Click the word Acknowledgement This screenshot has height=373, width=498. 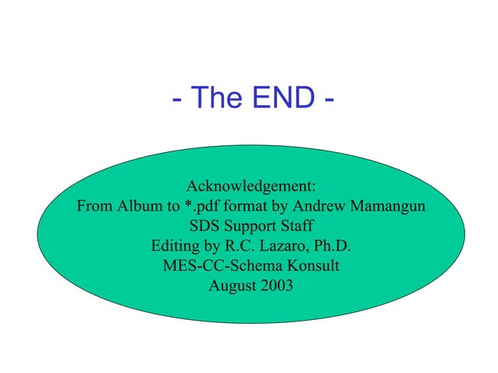click(x=251, y=187)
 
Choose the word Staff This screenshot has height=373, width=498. click(x=297, y=227)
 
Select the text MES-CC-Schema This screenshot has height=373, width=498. click(x=219, y=266)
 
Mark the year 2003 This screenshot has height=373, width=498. click(x=277, y=286)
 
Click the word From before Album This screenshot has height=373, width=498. click(x=95, y=208)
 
